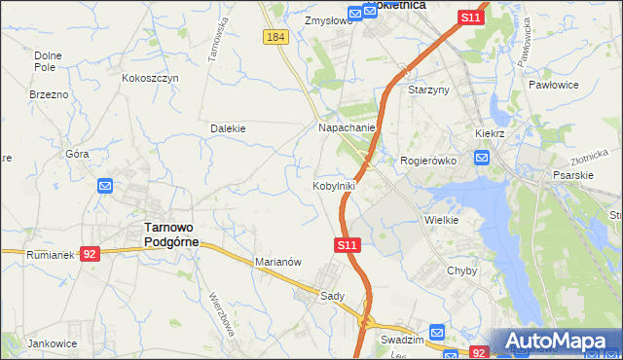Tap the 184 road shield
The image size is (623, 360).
pyautogui.click(x=275, y=36)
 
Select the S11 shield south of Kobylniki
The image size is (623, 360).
pyautogui.click(x=350, y=246)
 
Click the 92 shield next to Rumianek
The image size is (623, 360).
pyautogui.click(x=90, y=254)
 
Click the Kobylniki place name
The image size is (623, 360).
pyautogui.click(x=333, y=185)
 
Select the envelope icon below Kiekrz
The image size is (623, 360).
pyautogui.click(x=482, y=157)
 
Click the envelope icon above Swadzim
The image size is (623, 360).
pyautogui.click(x=436, y=331)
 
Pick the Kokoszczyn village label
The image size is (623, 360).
pyautogui.click(x=151, y=78)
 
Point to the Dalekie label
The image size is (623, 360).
pyautogui.click(x=228, y=127)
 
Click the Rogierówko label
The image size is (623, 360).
pyautogui.click(x=429, y=161)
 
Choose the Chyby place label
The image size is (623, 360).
pyautogui.click(x=462, y=271)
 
